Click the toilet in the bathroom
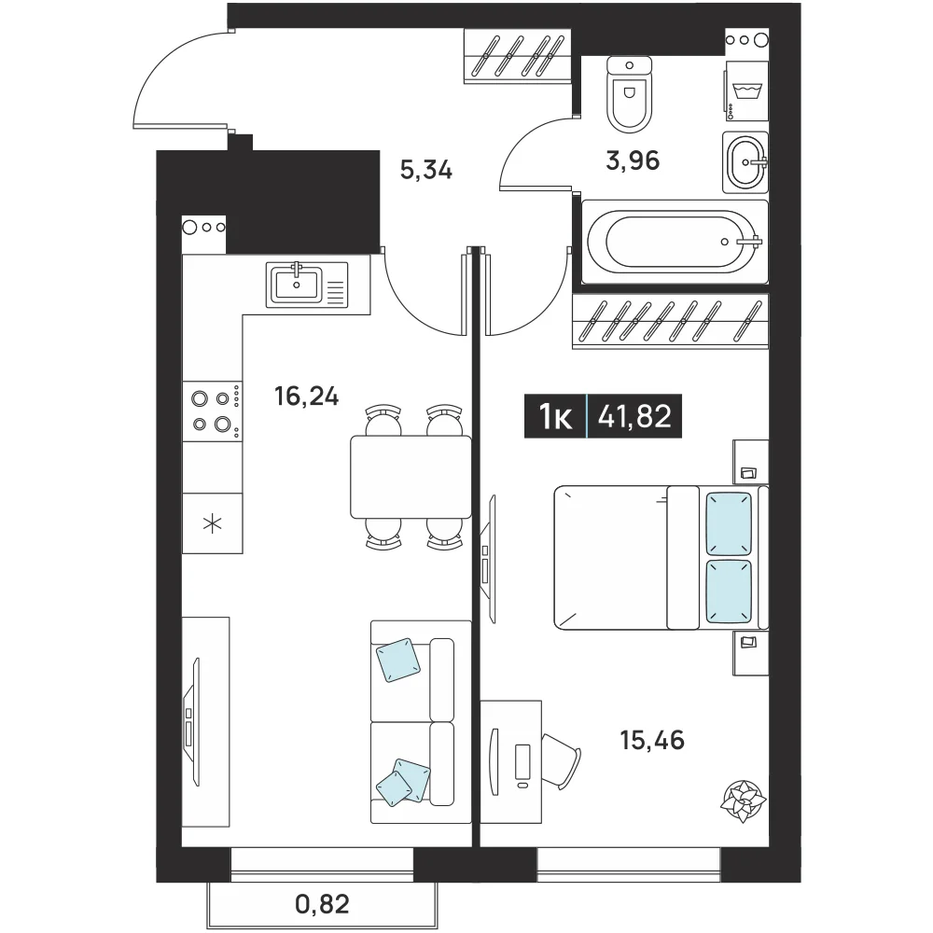[x=630, y=94]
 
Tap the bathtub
[x=675, y=242]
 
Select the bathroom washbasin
[x=745, y=162]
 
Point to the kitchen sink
[x=306, y=285]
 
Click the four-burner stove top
[x=213, y=411]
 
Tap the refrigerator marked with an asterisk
[x=213, y=523]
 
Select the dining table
[x=411, y=477]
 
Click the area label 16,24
[x=306, y=396]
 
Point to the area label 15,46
[x=652, y=740]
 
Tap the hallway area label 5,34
[x=426, y=171]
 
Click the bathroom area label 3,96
[x=633, y=160]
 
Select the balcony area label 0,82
[x=322, y=904]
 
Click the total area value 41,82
[x=634, y=416]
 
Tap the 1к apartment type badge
[x=555, y=416]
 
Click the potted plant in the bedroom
[x=742, y=801]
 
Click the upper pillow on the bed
[x=729, y=523]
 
